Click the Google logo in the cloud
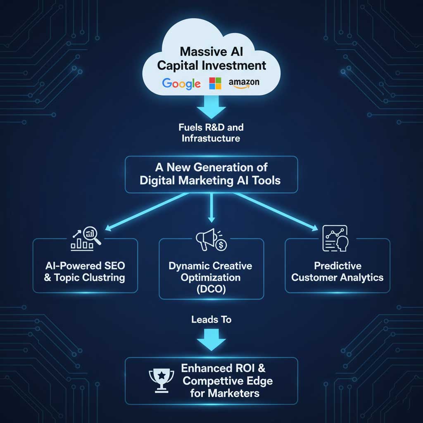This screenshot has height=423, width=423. point(181,83)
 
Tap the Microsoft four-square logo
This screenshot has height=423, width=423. point(215,83)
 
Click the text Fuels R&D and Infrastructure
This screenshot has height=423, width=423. point(211,133)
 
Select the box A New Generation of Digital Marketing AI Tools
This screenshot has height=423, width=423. point(211,174)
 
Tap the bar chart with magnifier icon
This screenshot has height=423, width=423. point(86,240)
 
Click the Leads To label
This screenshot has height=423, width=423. point(211,319)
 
